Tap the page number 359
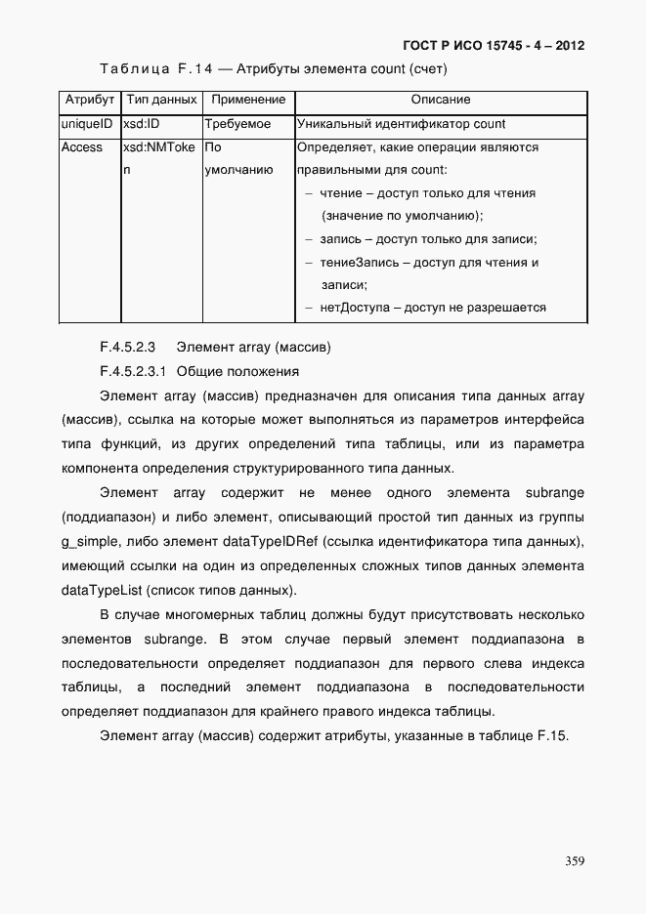575,860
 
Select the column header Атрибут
90,101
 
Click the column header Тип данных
162,101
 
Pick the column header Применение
248,101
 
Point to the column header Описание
440,101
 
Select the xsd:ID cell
142,125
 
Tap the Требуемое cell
237,125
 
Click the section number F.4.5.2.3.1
134,372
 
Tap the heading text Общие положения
237,372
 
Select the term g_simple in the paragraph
94,542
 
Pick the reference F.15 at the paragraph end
551,735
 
